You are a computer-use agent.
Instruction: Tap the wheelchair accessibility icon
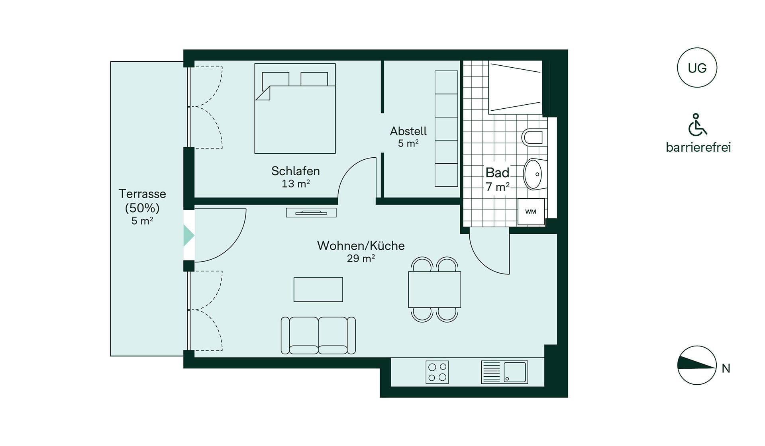click(x=697, y=125)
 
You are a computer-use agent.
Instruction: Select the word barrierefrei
click(x=698, y=147)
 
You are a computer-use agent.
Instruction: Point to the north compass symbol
click(x=697, y=365)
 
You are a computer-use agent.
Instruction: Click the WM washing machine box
click(x=531, y=211)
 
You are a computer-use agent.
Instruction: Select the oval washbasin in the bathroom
click(x=535, y=174)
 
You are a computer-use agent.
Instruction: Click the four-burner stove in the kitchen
click(x=437, y=372)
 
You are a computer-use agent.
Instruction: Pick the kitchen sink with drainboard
click(x=504, y=372)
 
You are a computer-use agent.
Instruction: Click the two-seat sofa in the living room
click(x=318, y=335)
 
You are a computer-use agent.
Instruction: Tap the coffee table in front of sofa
click(x=318, y=290)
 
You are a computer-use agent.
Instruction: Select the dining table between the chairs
click(x=434, y=290)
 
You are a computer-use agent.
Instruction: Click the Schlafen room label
click(x=295, y=171)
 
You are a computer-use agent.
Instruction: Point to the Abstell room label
click(x=408, y=131)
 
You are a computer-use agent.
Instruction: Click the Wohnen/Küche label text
click(x=361, y=246)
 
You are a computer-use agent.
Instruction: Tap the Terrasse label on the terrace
click(x=142, y=194)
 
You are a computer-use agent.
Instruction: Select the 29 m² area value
click(x=361, y=258)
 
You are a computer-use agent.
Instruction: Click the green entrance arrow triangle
click(x=188, y=235)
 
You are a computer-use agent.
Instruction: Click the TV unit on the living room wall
click(x=311, y=213)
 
